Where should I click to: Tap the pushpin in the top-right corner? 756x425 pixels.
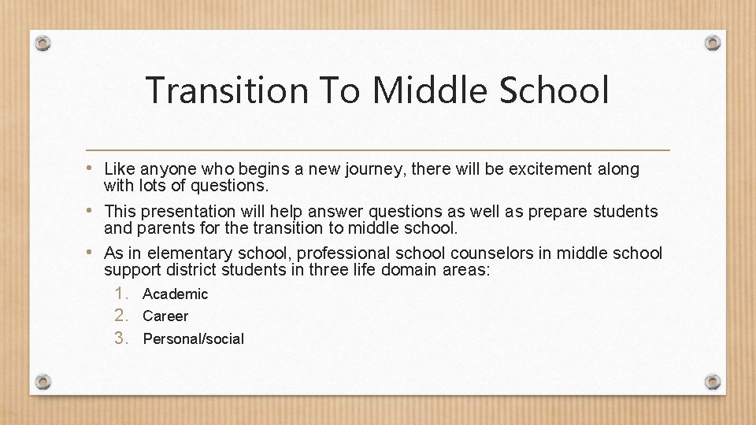pos(712,42)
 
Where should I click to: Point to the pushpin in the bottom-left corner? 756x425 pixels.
pos(43,382)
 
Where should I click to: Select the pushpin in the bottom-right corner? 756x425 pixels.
pos(712,382)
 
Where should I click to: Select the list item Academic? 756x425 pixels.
pos(176,294)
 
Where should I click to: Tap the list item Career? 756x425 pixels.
pos(165,316)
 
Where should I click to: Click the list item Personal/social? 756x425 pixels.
pos(193,339)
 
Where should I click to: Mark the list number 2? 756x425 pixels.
pos(120,316)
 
